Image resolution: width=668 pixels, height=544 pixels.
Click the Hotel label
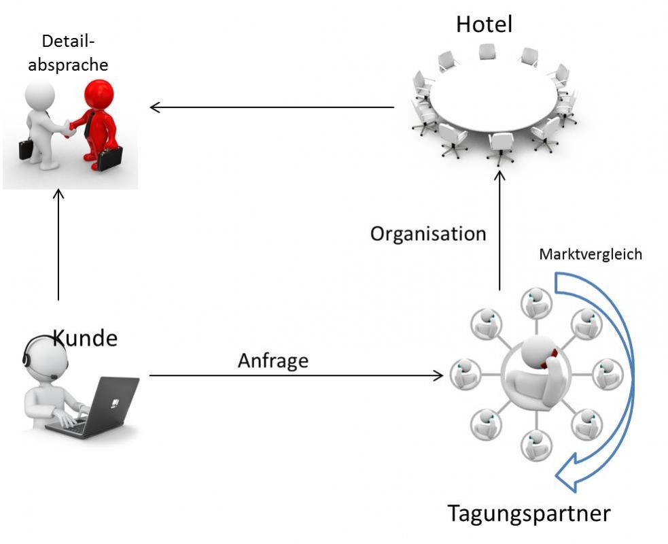click(x=484, y=24)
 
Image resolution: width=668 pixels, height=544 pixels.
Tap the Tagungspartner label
click(x=529, y=513)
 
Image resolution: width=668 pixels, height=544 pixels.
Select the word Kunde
click(x=85, y=337)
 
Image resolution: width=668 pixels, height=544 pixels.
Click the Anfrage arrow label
click(x=273, y=360)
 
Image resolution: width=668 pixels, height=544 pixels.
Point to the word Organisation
click(x=428, y=234)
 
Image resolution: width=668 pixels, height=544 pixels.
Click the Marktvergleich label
click(x=590, y=254)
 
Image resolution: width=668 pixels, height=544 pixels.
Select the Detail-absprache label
click(x=68, y=52)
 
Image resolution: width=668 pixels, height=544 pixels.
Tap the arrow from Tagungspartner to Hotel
click(x=499, y=231)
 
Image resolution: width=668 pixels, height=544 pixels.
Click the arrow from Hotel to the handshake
click(x=272, y=107)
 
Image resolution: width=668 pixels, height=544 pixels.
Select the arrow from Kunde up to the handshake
click(x=58, y=245)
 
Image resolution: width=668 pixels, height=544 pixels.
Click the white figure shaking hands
click(x=41, y=122)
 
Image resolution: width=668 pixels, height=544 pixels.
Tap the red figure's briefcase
click(x=109, y=158)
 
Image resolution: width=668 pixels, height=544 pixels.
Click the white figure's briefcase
click(x=26, y=148)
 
